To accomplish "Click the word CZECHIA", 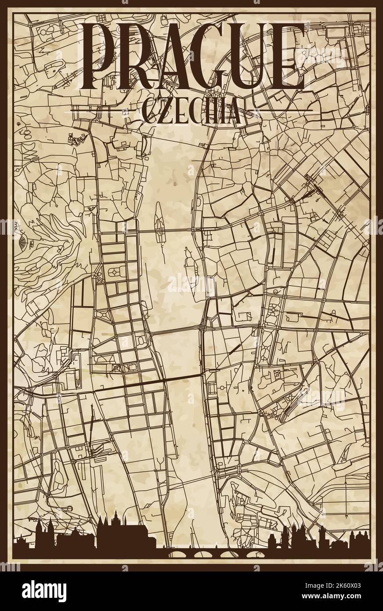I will [191, 112].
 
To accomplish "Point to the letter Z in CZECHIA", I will [163, 112].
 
